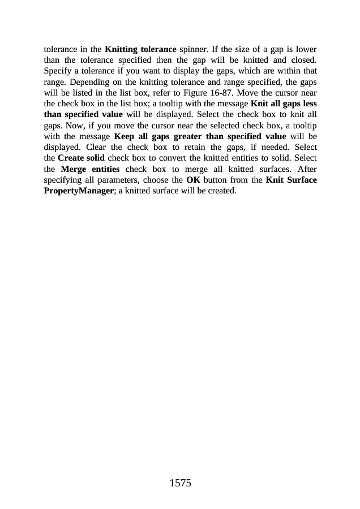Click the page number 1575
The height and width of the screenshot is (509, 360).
pos(180,483)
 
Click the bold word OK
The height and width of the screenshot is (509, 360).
pos(192,180)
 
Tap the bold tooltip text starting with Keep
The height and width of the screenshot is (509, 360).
pos(200,136)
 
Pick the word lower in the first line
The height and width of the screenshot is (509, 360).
pos(305,49)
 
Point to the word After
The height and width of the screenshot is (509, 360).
pos(306,169)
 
